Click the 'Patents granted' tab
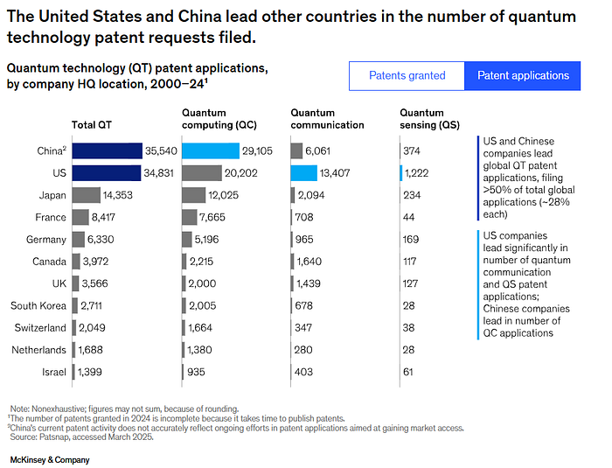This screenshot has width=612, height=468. click(x=407, y=75)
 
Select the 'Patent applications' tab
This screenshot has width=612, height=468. click(x=523, y=75)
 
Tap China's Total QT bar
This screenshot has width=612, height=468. click(x=107, y=151)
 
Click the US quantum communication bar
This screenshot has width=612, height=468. click(x=304, y=173)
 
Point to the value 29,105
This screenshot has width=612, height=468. click(x=259, y=151)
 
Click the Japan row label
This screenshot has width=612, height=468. click(x=52, y=195)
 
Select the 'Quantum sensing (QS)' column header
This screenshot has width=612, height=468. click(x=430, y=118)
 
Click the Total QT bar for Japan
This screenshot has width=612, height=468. click(x=86, y=195)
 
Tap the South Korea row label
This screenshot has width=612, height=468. click(x=38, y=305)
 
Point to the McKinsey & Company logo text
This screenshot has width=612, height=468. click(x=49, y=459)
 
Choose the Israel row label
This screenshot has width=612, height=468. click(x=53, y=372)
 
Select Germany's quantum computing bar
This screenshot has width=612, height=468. click(x=192, y=240)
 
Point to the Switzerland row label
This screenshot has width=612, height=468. click(x=40, y=328)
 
